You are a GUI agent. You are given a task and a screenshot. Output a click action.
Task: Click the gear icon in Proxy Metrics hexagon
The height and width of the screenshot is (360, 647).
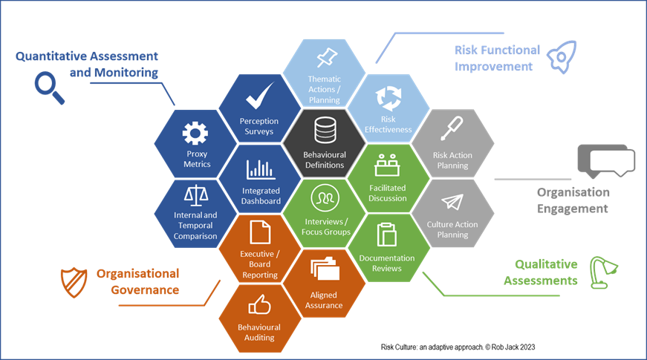(196, 134)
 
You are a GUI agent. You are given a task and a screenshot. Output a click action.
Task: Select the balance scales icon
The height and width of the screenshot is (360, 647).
(196, 196)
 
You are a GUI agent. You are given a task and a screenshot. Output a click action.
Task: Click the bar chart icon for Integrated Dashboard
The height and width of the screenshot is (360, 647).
(260, 169)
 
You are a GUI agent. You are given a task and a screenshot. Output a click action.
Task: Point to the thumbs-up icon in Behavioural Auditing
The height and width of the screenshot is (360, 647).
(259, 304)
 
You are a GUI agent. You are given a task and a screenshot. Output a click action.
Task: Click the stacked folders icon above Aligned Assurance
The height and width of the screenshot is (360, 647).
(324, 269)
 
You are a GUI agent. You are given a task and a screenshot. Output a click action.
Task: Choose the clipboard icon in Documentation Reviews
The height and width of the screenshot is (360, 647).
(387, 235)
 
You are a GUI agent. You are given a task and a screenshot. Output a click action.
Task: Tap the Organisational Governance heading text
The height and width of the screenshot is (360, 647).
(137, 281)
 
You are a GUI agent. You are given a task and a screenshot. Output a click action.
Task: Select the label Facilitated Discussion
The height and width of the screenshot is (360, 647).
(388, 193)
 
